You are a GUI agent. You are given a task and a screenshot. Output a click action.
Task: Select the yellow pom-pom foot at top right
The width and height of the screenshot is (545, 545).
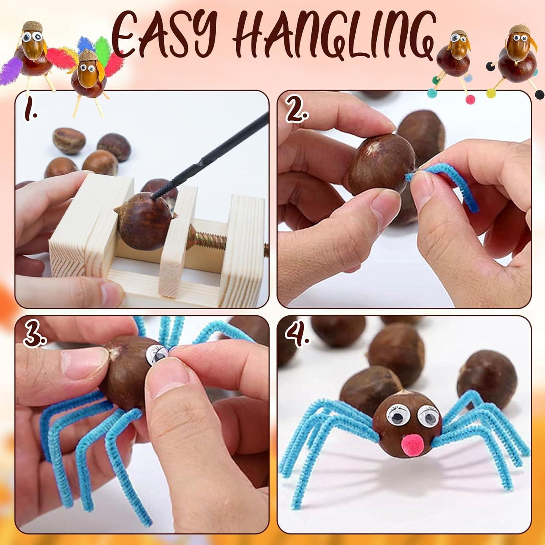tap(490, 93)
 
